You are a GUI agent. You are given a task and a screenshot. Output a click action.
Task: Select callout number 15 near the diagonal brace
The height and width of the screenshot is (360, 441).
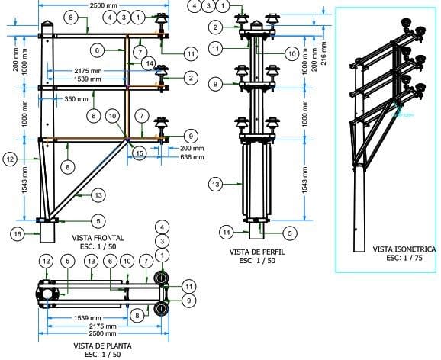pyautogui.click(x=139, y=153)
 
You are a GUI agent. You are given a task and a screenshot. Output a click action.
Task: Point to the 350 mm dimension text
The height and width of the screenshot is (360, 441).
pyautogui.click(x=76, y=99)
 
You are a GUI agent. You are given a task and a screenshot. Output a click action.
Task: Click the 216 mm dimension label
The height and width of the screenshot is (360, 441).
pyautogui.click(x=323, y=56)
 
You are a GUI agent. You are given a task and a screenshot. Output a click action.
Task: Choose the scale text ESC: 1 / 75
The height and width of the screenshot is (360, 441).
pyautogui.click(x=404, y=258)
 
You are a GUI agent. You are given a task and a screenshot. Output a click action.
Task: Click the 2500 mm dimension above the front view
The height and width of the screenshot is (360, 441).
pyautogui.click(x=104, y=5)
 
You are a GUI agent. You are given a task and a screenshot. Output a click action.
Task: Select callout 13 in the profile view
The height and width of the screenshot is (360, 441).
pyautogui.click(x=216, y=184)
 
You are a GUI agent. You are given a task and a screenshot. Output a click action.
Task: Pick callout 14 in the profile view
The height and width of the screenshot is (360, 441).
pyautogui.click(x=226, y=231)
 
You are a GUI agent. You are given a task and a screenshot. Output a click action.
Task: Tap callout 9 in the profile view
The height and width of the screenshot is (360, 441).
pyautogui.click(x=216, y=82)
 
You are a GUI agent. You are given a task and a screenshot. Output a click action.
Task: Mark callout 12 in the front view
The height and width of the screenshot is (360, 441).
pyautogui.click(x=10, y=159)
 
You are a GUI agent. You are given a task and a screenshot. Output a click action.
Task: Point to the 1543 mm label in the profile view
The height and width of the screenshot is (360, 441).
pyautogui.click(x=306, y=180)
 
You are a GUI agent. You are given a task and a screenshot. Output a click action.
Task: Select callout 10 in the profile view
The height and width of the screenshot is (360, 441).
pyautogui.click(x=291, y=54)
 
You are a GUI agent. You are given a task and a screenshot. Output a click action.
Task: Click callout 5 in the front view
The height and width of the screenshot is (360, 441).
pyautogui.click(x=98, y=220)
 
